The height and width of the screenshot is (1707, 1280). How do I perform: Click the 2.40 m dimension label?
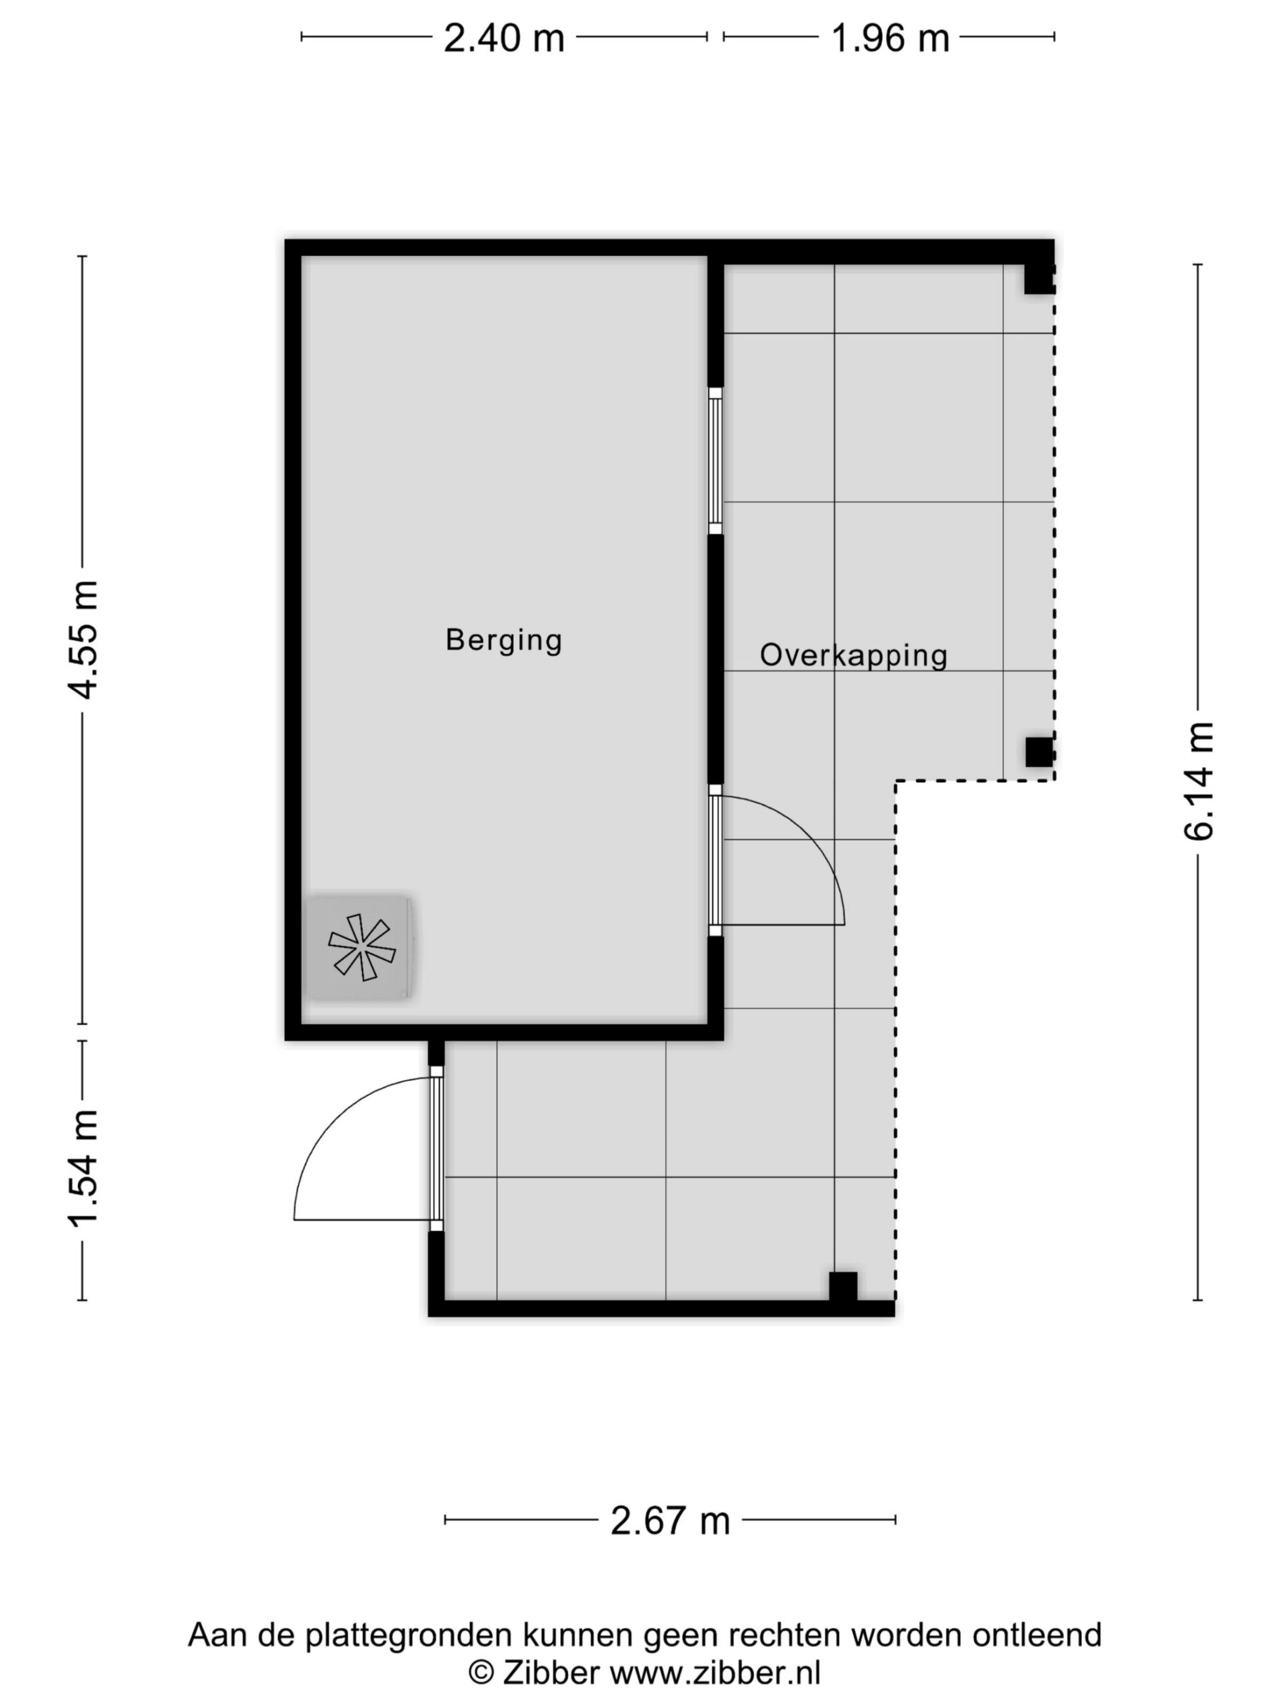[504, 37]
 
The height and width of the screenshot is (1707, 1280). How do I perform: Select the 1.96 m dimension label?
[889, 37]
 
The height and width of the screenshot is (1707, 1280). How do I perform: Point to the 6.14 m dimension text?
[1198, 781]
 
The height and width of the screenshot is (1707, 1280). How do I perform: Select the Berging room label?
[504, 641]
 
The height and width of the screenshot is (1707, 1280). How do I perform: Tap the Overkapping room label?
[853, 655]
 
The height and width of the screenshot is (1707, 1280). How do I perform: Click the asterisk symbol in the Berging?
[362, 947]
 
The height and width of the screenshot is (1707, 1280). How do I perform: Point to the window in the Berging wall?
[715, 461]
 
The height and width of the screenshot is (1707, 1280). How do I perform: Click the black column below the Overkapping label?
[1039, 751]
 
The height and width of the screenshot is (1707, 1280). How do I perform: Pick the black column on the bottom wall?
[843, 1286]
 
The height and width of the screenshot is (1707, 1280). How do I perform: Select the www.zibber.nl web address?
[715, 1672]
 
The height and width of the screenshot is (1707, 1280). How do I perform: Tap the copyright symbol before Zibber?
[481, 1672]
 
